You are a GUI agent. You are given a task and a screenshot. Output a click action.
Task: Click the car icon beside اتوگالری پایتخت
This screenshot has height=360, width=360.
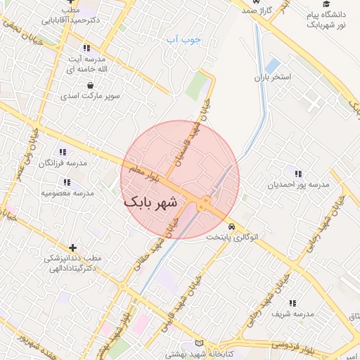[x=231, y=227]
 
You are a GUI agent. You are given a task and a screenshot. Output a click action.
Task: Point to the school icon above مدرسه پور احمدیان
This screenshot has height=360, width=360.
[x=298, y=174]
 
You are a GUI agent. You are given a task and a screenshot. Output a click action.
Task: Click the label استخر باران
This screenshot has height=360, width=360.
[x=272, y=76]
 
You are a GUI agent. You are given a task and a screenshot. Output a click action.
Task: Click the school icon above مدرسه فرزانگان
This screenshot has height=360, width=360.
[x=63, y=152]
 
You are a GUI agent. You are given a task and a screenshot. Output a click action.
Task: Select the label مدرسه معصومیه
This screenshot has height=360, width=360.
[x=67, y=193]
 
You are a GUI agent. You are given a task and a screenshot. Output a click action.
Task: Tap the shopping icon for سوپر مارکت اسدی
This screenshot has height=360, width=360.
[x=90, y=85]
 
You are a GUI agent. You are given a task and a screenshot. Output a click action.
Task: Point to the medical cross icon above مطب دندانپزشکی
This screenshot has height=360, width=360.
[x=72, y=247]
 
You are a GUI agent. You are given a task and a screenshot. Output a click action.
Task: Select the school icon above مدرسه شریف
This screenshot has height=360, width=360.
[x=292, y=302]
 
